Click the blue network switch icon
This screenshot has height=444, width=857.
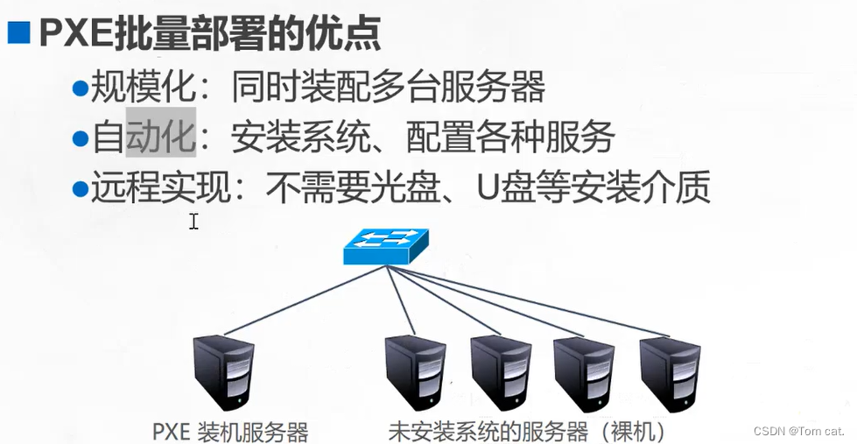pyautogui.click(x=386, y=247)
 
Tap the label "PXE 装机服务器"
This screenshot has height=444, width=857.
pyautogui.click(x=230, y=432)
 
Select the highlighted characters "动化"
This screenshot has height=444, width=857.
pyautogui.click(x=161, y=137)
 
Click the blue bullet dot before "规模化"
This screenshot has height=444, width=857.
pyautogui.click(x=81, y=88)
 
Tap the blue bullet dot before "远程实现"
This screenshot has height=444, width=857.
pyautogui.click(x=81, y=188)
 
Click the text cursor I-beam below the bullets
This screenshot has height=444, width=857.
pyautogui.click(x=193, y=222)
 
